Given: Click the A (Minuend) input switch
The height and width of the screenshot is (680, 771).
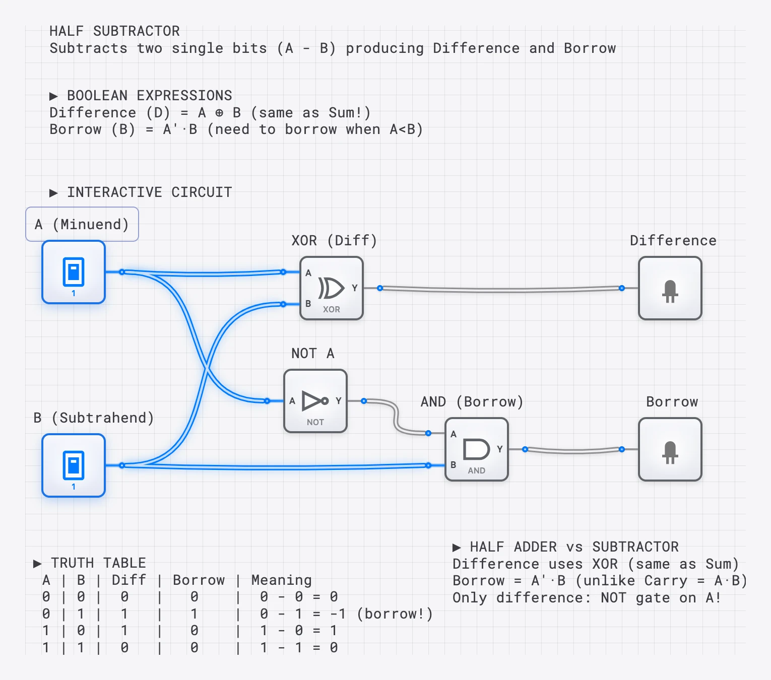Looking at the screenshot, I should pos(74,272).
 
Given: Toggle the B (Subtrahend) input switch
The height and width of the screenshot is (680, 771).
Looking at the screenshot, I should pos(74,465).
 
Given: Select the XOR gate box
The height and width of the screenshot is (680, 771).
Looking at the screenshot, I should pos(332,288).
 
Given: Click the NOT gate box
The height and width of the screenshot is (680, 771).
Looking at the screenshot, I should pos(315,401).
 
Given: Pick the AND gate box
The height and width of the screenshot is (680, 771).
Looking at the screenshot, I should pos(477,449).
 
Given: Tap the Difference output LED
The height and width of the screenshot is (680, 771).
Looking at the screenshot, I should pos(670,288).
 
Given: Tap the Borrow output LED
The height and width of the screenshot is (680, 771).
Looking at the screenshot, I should pos(670,449).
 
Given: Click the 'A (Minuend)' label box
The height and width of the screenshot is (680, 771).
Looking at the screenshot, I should pos(82,224).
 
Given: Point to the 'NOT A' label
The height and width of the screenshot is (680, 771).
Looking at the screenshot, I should pos(312,353).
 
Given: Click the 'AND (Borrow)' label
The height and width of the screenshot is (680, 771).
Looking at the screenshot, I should pos(472,401).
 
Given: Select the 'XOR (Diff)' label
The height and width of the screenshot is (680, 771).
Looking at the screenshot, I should pos(334,240).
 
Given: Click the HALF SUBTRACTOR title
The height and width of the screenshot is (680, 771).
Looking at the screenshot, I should pos(114,31).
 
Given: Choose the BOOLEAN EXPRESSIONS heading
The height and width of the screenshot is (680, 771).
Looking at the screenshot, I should pos(149,95).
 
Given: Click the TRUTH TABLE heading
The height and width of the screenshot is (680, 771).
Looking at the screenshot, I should pos(98,563).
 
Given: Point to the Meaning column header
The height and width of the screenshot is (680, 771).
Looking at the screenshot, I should pos(281,580).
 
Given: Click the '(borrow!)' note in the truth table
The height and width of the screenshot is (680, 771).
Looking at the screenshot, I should pos(395,614).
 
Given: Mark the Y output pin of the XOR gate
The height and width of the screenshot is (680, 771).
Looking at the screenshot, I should pos(379,288).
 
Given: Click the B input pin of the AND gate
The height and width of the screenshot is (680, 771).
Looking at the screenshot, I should pos(428,465).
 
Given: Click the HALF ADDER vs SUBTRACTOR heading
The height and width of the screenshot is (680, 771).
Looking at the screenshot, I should pos(574,547).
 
